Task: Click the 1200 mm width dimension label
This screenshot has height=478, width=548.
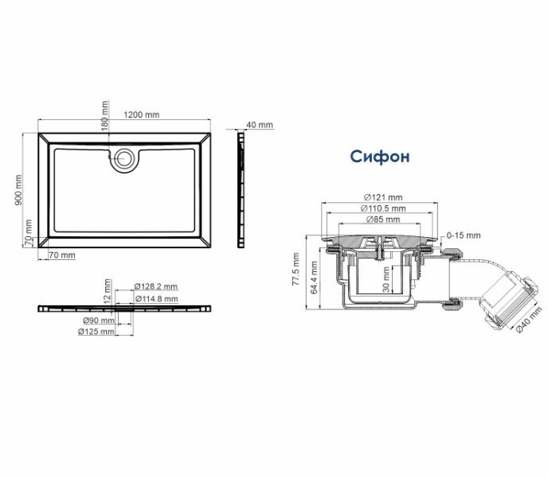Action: click(142, 115)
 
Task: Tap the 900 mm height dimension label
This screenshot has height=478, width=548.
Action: click(18, 190)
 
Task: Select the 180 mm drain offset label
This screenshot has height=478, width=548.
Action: click(105, 116)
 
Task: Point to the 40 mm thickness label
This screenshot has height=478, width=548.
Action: click(260, 125)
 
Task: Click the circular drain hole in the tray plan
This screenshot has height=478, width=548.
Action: click(123, 159)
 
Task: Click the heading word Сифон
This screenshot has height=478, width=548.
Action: click(380, 157)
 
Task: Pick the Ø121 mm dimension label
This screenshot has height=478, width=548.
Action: click(383, 197)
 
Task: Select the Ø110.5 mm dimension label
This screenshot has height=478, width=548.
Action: click(383, 208)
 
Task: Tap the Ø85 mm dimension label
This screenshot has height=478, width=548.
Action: click(383, 220)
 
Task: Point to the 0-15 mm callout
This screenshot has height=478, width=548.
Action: click(464, 235)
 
